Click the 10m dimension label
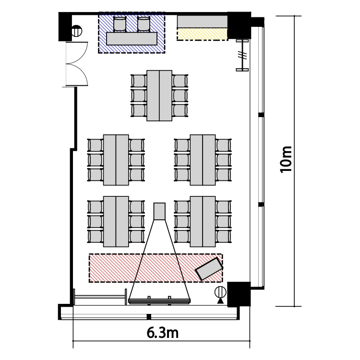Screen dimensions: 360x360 tap(286, 159)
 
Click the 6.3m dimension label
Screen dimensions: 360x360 tap(162, 333)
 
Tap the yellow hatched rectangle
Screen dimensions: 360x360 tap(202, 34)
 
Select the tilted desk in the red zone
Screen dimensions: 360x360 tap(209, 269)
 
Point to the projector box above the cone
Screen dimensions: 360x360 tap(159, 211)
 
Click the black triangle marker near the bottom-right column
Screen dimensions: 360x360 tap(220, 301)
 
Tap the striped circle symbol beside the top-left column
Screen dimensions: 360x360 tap(76, 31)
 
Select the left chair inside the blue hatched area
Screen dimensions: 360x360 tap(120, 24)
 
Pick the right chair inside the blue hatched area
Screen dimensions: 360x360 tap(144, 24)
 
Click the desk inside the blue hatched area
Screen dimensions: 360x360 tap(132, 38)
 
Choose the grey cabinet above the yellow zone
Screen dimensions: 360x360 tap(202, 22)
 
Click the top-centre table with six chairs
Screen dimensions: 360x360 tap(159, 96)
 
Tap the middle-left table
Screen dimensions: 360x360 tap(116, 160)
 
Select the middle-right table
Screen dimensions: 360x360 tap(203, 160)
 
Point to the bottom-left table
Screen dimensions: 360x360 tap(116, 222)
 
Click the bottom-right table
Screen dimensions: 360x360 tap(203, 222)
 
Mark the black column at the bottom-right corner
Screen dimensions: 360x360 tap(239, 294)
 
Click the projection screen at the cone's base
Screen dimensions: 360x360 tap(159, 301)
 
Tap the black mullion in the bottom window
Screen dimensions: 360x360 tap(149, 317)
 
